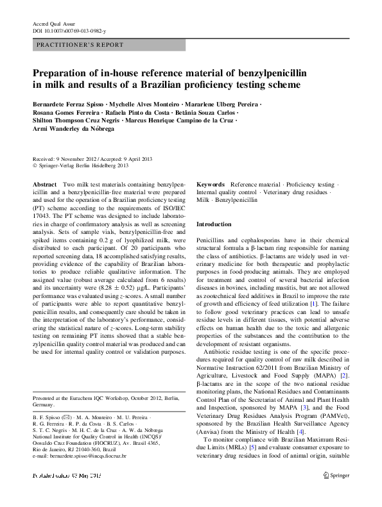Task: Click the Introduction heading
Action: click(x=214, y=224)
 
